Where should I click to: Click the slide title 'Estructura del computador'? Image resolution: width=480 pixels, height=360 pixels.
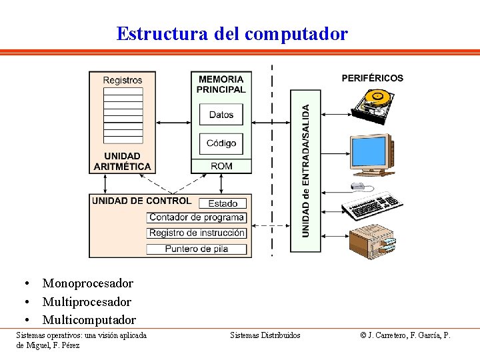(232, 33)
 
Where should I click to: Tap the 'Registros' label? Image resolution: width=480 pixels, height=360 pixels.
(123, 81)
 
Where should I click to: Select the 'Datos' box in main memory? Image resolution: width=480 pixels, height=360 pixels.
(221, 115)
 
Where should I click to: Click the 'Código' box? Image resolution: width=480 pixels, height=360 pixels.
(221, 143)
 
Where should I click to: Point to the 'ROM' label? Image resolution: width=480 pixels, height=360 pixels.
(221, 166)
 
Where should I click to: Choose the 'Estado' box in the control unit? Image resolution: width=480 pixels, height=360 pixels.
(223, 203)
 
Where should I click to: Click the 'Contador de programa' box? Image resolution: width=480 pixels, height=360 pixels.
(197, 217)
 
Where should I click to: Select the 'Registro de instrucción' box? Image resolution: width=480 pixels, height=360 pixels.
(197, 233)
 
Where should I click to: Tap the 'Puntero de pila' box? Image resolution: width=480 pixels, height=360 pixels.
(197, 249)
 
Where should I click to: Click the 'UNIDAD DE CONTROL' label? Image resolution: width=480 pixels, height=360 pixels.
(141, 201)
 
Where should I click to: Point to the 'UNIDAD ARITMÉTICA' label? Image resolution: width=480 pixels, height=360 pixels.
(123, 161)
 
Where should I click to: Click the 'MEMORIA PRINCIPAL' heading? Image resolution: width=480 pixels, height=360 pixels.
(221, 84)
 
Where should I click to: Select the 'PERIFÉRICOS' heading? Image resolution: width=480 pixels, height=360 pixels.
(372, 78)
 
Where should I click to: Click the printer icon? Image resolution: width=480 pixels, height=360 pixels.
(373, 243)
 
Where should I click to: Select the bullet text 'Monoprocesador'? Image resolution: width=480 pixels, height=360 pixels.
(87, 283)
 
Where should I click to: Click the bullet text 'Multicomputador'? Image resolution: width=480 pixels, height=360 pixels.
(89, 320)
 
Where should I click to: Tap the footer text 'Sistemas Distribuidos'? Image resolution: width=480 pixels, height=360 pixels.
(265, 335)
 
